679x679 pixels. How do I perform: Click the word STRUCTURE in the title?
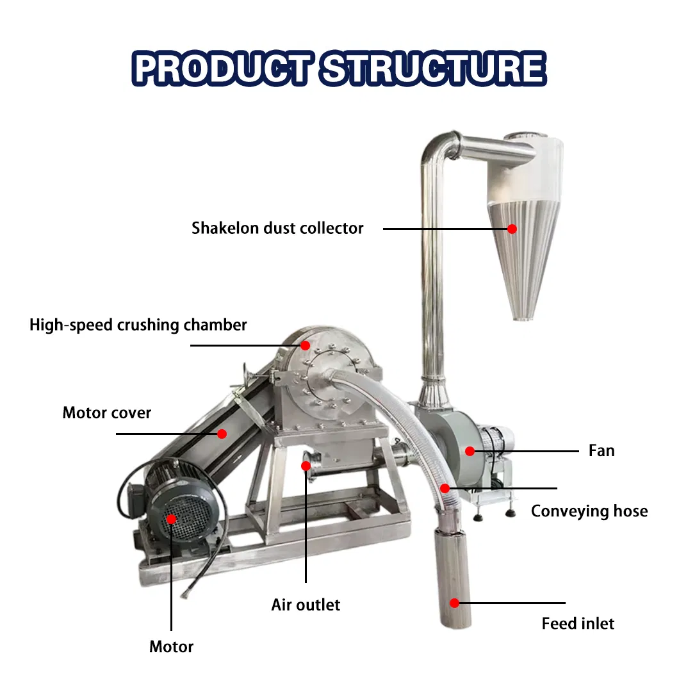pyautogui.click(x=434, y=68)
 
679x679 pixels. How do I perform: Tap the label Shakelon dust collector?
pyautogui.click(x=277, y=228)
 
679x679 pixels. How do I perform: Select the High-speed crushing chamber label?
pyautogui.click(x=138, y=325)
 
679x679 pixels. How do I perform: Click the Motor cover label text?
pyautogui.click(x=107, y=413)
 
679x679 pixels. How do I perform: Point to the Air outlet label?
pyautogui.click(x=306, y=605)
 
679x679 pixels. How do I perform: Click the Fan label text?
pyautogui.click(x=601, y=451)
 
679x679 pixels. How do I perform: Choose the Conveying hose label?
pyautogui.click(x=589, y=511)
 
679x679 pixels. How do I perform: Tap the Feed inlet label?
pyautogui.click(x=578, y=623)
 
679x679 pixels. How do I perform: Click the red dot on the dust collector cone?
pyautogui.click(x=512, y=229)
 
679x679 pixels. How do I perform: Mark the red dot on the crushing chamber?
pyautogui.click(x=306, y=345)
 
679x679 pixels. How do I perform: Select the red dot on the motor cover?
pyautogui.click(x=222, y=434)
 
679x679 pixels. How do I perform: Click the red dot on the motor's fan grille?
pyautogui.click(x=172, y=519)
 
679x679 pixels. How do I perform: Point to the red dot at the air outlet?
pyautogui.click(x=306, y=466)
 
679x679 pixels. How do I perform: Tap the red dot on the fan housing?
pyautogui.click(x=470, y=451)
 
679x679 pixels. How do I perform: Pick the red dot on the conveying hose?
pyautogui.click(x=445, y=489)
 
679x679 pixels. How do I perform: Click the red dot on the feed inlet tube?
pyautogui.click(x=454, y=603)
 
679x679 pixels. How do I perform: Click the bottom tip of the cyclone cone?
pyautogui.click(x=523, y=319)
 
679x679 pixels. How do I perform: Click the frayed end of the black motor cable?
pyautogui.click(x=186, y=593)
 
